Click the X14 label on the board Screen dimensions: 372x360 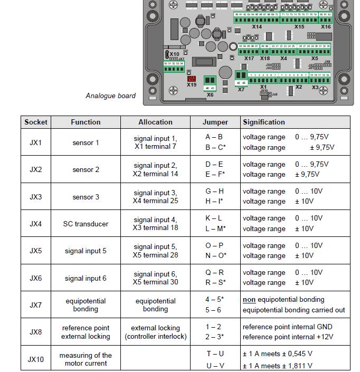pos(257,27)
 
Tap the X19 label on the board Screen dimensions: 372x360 pos(192,84)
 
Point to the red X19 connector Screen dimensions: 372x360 pos(192,79)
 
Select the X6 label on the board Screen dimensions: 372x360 pos(210,95)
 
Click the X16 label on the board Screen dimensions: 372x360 pos(326,27)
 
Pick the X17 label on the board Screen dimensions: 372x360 pos(249,59)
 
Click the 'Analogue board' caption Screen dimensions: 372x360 pos(110,96)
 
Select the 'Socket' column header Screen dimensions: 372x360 pos(36,122)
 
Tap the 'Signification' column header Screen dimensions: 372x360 pos(264,122)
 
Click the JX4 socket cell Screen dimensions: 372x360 pos(35,224)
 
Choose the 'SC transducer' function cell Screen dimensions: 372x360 pos(86,224)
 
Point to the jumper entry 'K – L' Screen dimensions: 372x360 pos(214,218)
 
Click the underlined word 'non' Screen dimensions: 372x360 pos(250,300)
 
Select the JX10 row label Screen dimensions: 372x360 pos(35,359)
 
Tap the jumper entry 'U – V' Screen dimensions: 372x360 pos(215,365)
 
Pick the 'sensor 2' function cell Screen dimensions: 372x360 pos(86,170)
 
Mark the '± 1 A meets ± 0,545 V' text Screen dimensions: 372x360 pos(277,354)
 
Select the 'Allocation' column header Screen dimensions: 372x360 pos(155,122)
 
